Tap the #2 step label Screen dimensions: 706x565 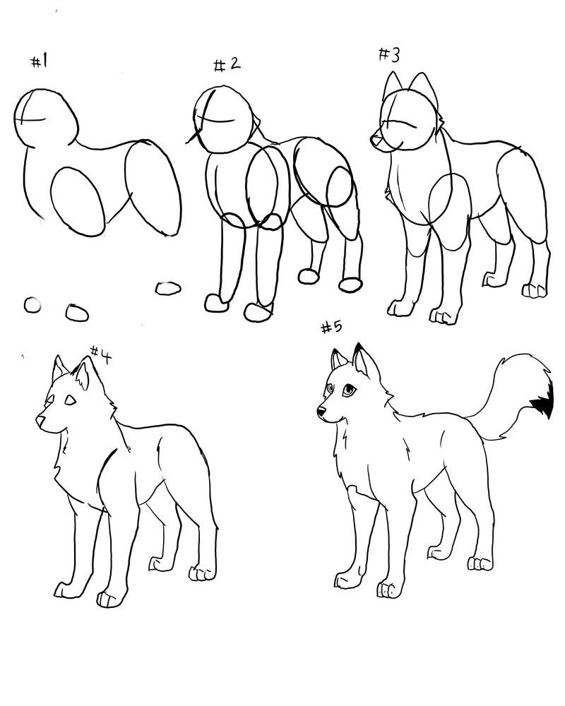click(227, 65)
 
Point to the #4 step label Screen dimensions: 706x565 click(101, 354)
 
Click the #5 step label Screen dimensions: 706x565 click(331, 328)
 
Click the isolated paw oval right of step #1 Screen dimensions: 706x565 click(168, 287)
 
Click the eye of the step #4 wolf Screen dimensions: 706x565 click(69, 400)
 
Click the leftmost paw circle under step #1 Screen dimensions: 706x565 click(32, 305)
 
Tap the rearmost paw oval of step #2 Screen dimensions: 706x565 click(350, 284)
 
